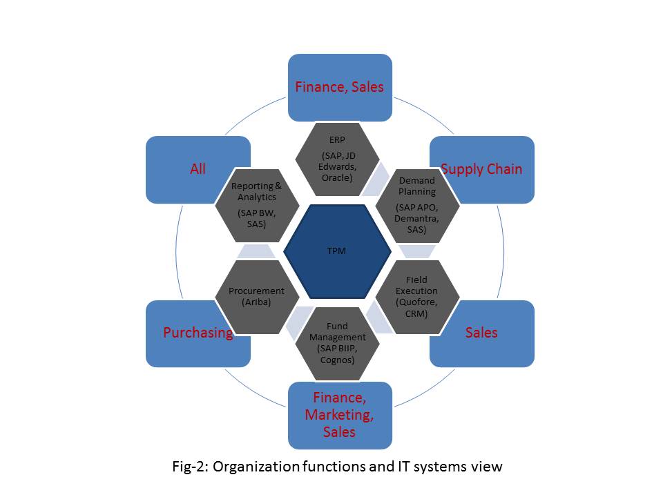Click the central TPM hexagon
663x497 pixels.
tap(336, 251)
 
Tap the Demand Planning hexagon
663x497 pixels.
tap(417, 204)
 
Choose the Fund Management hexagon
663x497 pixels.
tap(337, 343)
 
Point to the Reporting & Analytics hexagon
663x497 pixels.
tap(256, 204)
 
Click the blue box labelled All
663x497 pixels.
tap(198, 169)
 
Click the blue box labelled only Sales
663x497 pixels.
tap(482, 333)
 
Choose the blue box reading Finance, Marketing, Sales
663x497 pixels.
tap(340, 416)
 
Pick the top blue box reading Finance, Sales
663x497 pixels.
tap(340, 88)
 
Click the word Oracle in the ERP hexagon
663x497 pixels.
tap(338, 177)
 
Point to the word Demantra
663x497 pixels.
tap(416, 218)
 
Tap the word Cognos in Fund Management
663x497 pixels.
tap(337, 359)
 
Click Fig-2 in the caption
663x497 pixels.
tap(190, 467)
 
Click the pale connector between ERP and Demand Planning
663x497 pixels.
tap(377, 181)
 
